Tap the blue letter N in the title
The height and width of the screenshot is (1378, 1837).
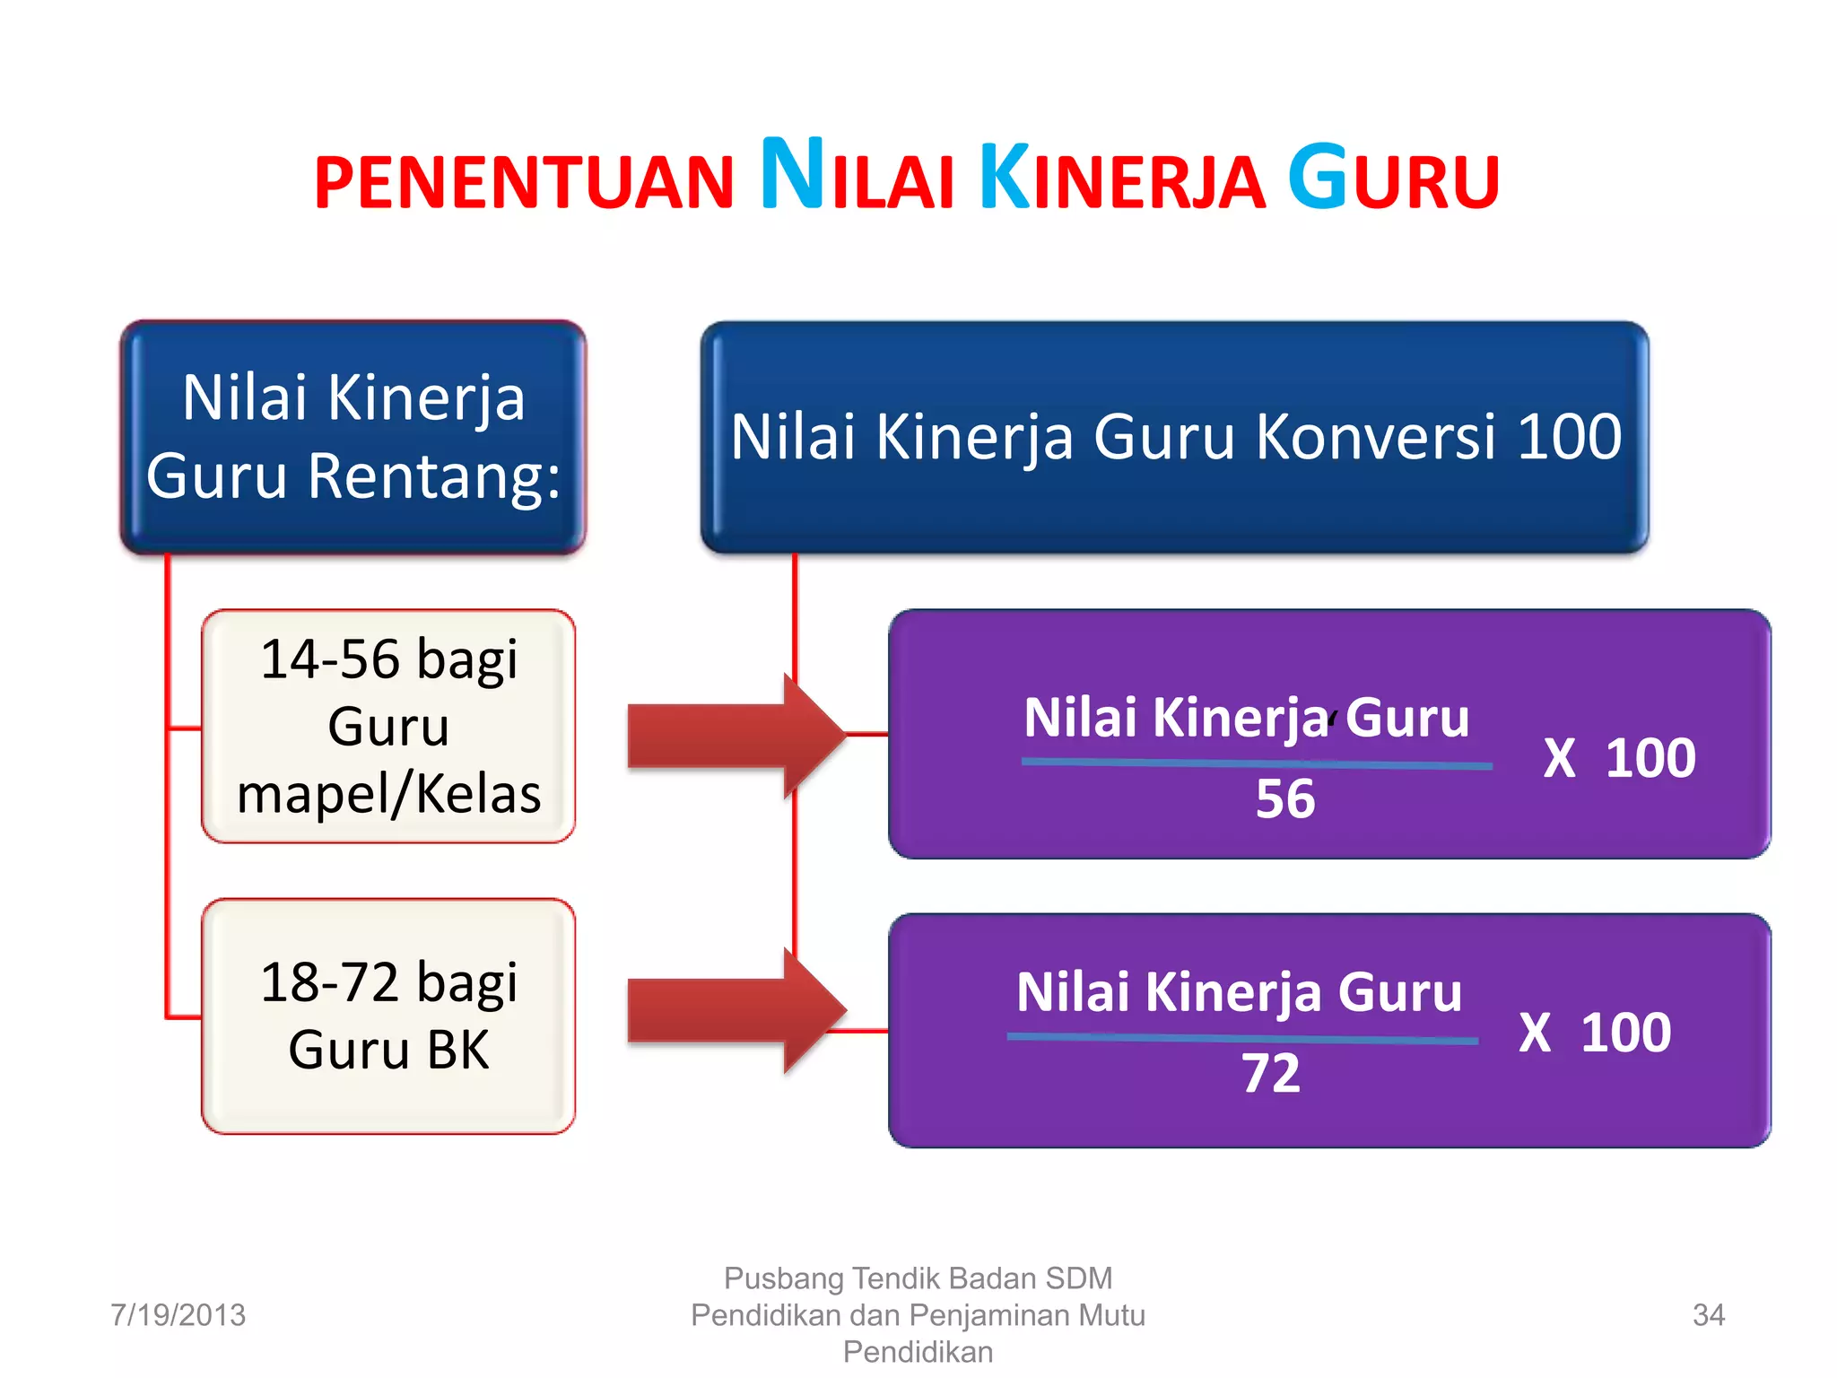pyautogui.click(x=793, y=175)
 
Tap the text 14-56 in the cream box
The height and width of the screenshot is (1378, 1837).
pyautogui.click(x=329, y=659)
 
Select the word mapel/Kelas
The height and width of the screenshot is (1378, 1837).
pyautogui.click(x=388, y=794)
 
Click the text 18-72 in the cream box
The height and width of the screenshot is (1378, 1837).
pyautogui.click(x=329, y=982)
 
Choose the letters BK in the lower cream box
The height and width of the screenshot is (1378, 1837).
pyautogui.click(x=458, y=1050)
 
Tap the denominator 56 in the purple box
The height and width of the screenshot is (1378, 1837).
pyautogui.click(x=1285, y=798)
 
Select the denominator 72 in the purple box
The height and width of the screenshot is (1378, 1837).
pyautogui.click(x=1271, y=1073)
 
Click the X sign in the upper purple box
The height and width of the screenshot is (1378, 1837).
pyautogui.click(x=1559, y=759)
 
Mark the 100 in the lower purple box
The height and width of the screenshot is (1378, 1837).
pyautogui.click(x=1625, y=1033)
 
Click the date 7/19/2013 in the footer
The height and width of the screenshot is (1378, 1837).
pyautogui.click(x=178, y=1315)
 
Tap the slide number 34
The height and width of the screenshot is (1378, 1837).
pyautogui.click(x=1708, y=1315)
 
